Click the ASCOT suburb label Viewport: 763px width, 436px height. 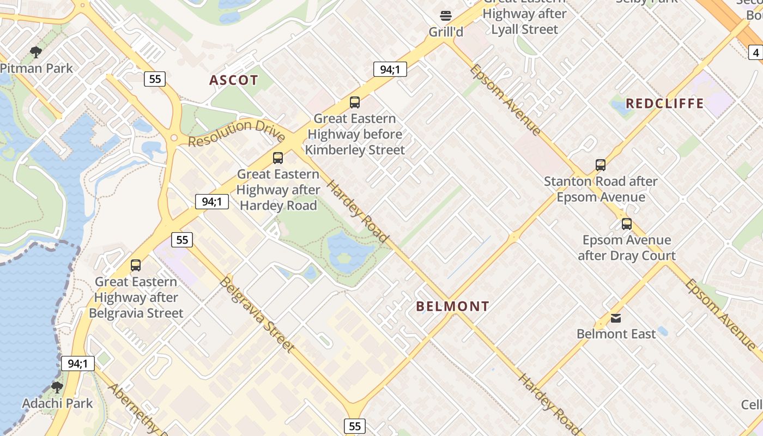click(x=234, y=80)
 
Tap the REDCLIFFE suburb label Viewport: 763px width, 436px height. click(x=664, y=103)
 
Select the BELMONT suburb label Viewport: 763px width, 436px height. click(x=452, y=306)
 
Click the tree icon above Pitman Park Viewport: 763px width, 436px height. click(x=36, y=52)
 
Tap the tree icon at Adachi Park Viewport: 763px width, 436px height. click(x=57, y=387)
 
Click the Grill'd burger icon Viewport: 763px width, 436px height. click(x=446, y=16)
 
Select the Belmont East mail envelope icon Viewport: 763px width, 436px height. click(x=616, y=318)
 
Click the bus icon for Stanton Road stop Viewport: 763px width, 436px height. click(x=600, y=165)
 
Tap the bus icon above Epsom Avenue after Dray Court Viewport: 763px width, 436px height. click(x=627, y=223)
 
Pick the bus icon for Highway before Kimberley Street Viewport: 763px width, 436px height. click(x=355, y=102)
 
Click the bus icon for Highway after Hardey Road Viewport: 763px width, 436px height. click(x=278, y=158)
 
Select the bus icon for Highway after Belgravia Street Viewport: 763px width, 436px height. click(x=136, y=265)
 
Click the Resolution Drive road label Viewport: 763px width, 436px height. click(x=237, y=133)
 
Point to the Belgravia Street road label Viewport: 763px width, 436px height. click(x=257, y=314)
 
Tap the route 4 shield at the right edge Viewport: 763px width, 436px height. click(x=755, y=53)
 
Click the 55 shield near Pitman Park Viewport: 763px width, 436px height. click(x=155, y=79)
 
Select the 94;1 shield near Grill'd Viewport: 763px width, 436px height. click(x=390, y=69)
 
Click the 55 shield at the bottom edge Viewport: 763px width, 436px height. click(x=354, y=426)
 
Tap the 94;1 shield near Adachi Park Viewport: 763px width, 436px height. click(x=77, y=364)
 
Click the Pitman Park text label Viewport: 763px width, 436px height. click(x=37, y=69)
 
